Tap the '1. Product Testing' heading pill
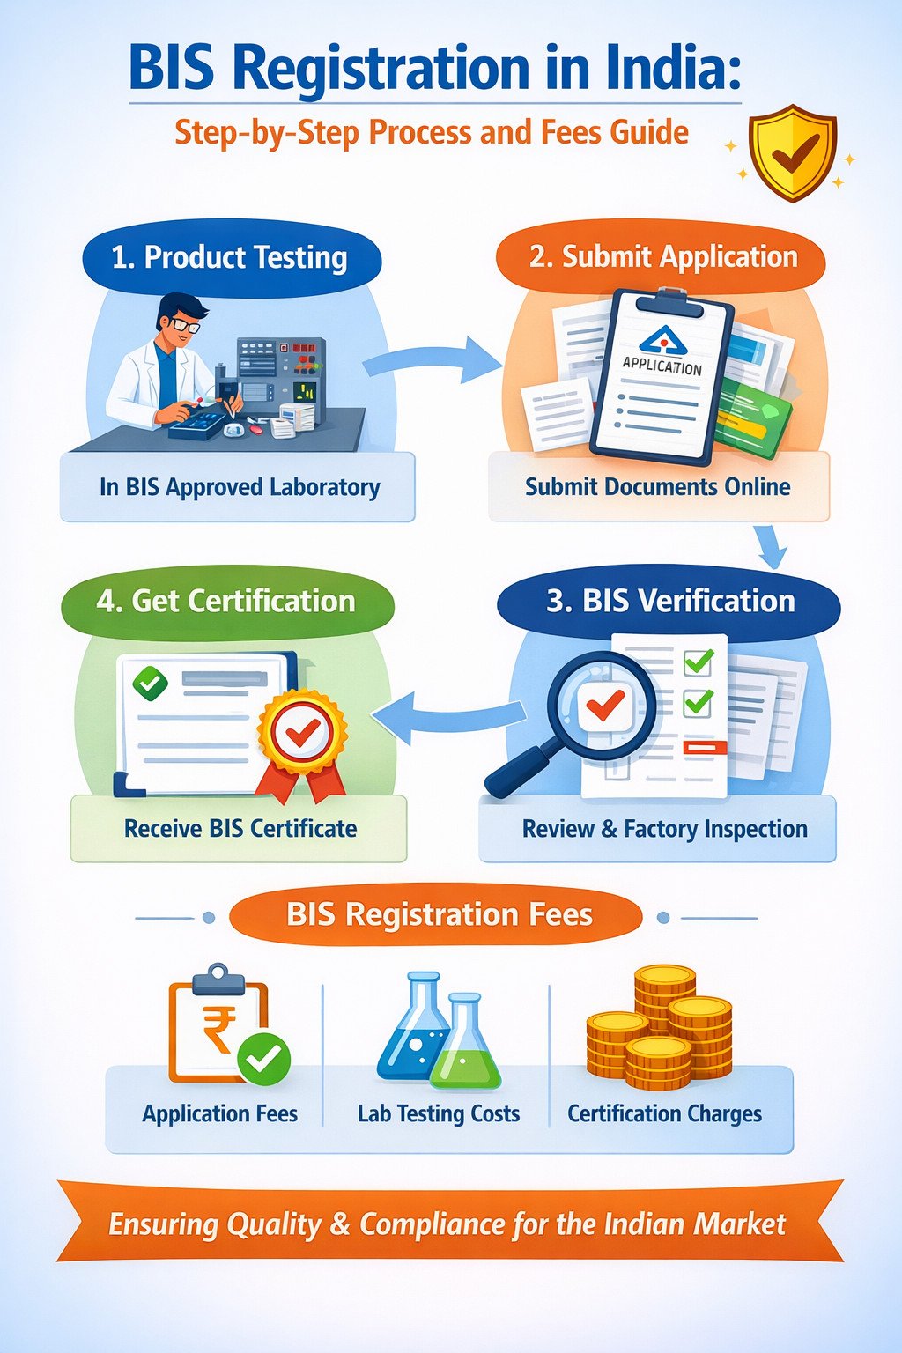click(231, 257)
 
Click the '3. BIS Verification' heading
click(669, 601)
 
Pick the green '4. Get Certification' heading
click(226, 601)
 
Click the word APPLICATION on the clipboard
click(662, 366)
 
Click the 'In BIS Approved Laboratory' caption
click(240, 487)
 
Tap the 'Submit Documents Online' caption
click(657, 487)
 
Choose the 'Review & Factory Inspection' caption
click(664, 829)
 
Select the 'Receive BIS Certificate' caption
click(240, 829)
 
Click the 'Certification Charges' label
click(664, 1113)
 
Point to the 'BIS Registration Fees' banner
click(438, 915)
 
